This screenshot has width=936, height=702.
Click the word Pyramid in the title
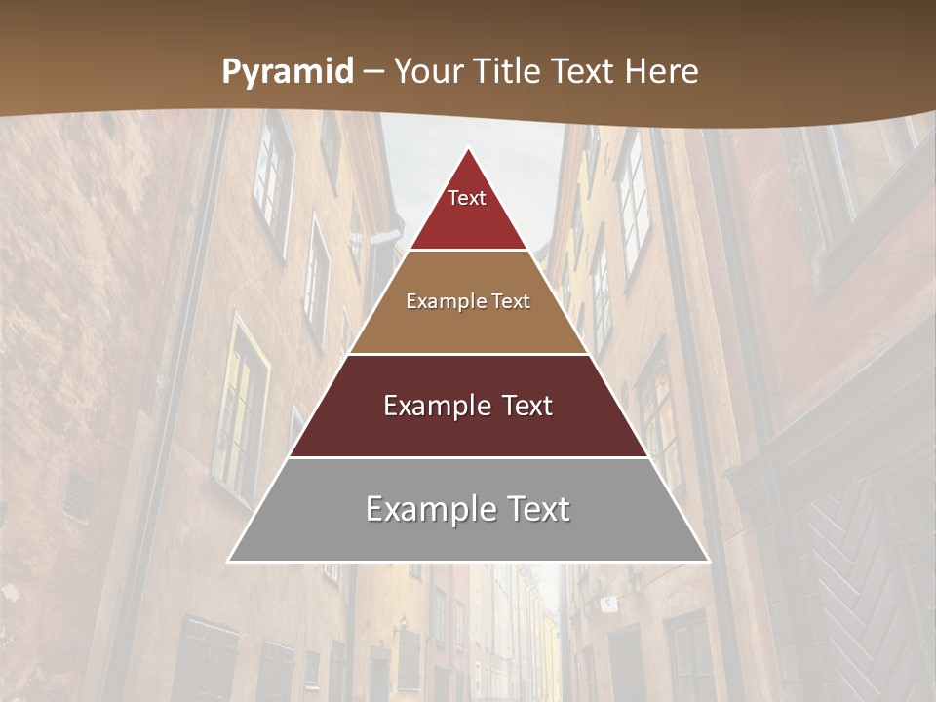[288, 72]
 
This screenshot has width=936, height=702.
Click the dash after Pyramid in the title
[373, 72]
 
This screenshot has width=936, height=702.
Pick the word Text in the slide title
[586, 71]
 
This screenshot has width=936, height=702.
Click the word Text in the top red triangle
[467, 198]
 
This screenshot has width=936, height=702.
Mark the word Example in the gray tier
[425, 509]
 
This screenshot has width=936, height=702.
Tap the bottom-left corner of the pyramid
[229, 561]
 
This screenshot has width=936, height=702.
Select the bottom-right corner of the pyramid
[709, 561]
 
